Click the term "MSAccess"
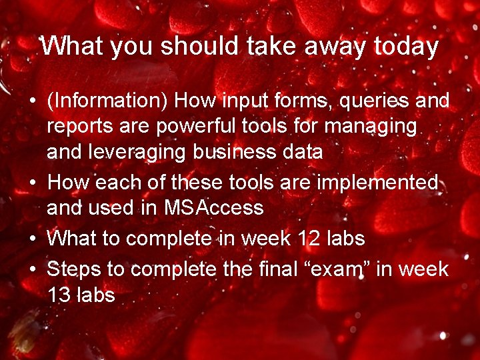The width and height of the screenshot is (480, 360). [214, 208]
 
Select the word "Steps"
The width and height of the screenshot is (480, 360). [73, 269]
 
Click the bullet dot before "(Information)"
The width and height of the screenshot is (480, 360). [32, 102]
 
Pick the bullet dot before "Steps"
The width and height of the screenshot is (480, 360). [32, 270]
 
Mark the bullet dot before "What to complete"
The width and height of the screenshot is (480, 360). [32, 238]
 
